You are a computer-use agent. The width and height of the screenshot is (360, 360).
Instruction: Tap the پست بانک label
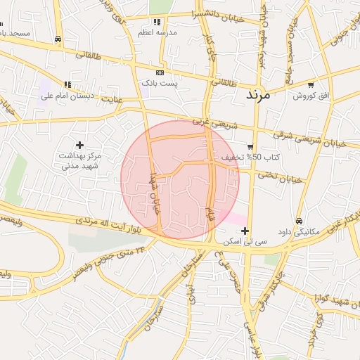pyautogui.click(x=160, y=83)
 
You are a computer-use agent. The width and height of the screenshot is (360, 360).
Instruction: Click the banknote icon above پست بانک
pyautogui.click(x=160, y=72)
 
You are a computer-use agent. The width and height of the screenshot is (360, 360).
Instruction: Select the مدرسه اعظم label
pyautogui.click(x=158, y=32)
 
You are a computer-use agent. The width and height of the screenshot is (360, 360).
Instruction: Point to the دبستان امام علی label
pyautogui.click(x=67, y=95)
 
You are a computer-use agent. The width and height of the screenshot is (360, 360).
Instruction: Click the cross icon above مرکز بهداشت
pyautogui.click(x=79, y=145)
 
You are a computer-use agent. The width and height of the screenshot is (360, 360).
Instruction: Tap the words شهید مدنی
pyautogui.click(x=79, y=166)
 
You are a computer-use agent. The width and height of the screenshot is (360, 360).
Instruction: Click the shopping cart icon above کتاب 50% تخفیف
pyautogui.click(x=250, y=147)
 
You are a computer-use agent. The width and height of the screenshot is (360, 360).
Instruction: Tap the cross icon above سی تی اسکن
pyautogui.click(x=245, y=231)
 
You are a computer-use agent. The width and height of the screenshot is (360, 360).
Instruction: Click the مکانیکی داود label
pyautogui.click(x=300, y=231)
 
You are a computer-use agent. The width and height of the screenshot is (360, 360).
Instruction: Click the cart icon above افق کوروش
pyautogui.click(x=310, y=84)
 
